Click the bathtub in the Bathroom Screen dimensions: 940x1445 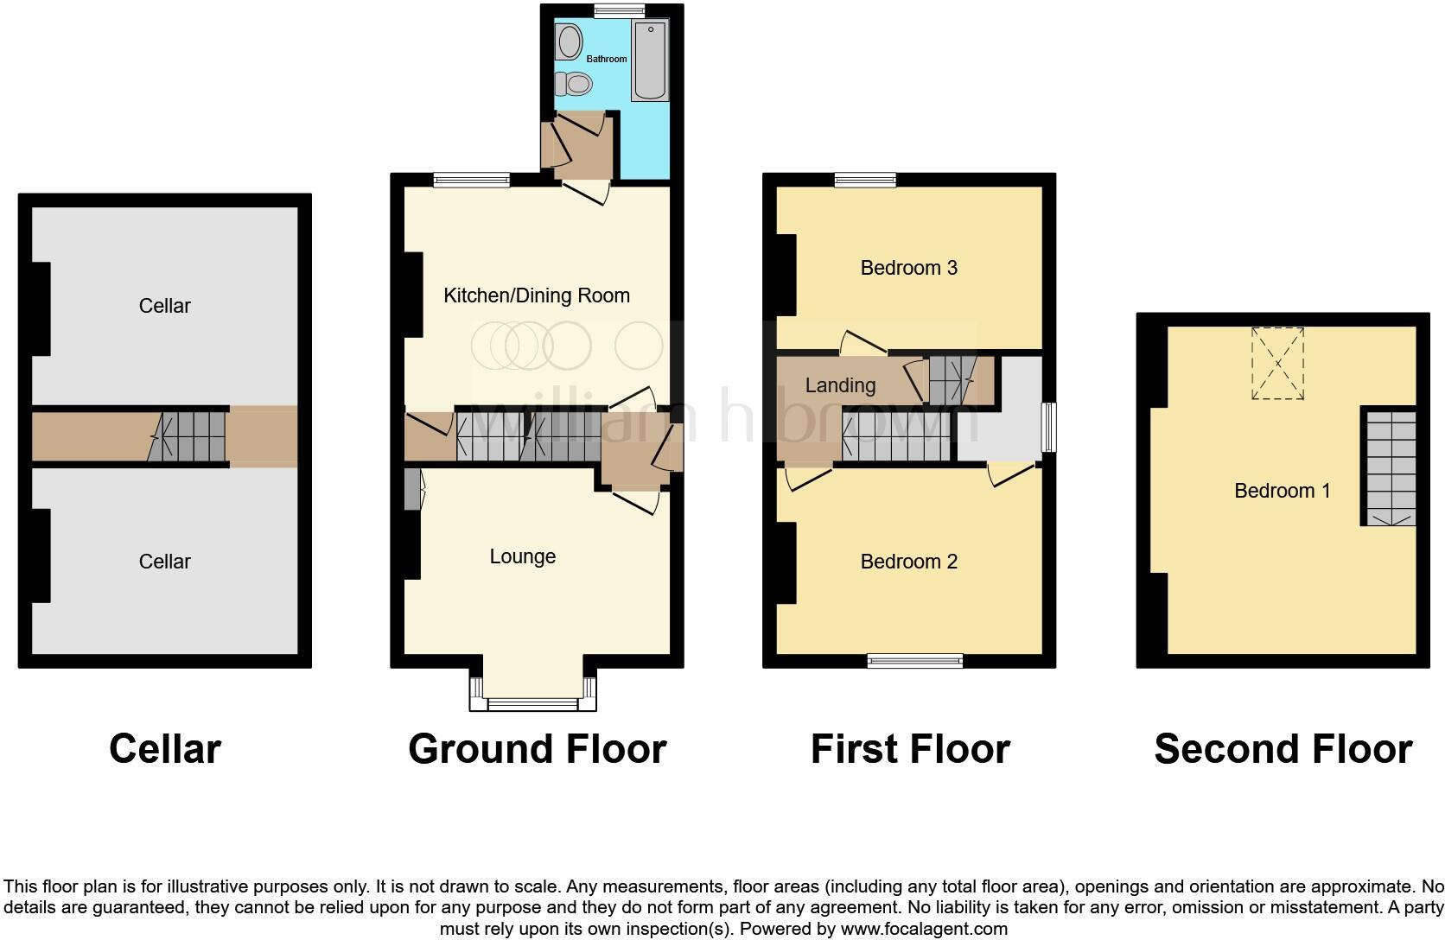pyautogui.click(x=649, y=60)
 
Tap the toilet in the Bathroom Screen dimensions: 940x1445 pyautogui.click(x=574, y=84)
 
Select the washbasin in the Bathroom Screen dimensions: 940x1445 pyautogui.click(x=569, y=41)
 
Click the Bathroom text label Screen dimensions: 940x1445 pyautogui.click(x=607, y=59)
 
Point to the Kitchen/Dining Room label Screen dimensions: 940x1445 pyautogui.click(x=536, y=295)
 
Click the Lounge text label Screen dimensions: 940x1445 pyautogui.click(x=522, y=556)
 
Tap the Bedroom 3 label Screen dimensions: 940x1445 pyautogui.click(x=908, y=268)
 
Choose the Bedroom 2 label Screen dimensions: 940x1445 pyautogui.click(x=908, y=562)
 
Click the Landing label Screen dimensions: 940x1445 pyautogui.click(x=840, y=385)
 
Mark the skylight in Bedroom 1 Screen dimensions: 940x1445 pyautogui.click(x=1277, y=363)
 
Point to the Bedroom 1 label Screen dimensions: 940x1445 pyautogui.click(x=1282, y=491)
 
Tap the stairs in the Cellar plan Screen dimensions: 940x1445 pyautogui.click(x=188, y=436)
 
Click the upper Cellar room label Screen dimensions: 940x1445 pyautogui.click(x=164, y=306)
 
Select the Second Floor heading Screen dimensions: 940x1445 pyautogui.click(x=1283, y=749)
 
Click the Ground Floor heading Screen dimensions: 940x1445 pyautogui.click(x=537, y=749)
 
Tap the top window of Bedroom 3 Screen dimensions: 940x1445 pyautogui.click(x=865, y=180)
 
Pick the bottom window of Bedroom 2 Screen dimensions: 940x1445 pyautogui.click(x=914, y=661)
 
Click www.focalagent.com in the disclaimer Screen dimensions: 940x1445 pyautogui.click(x=924, y=929)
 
